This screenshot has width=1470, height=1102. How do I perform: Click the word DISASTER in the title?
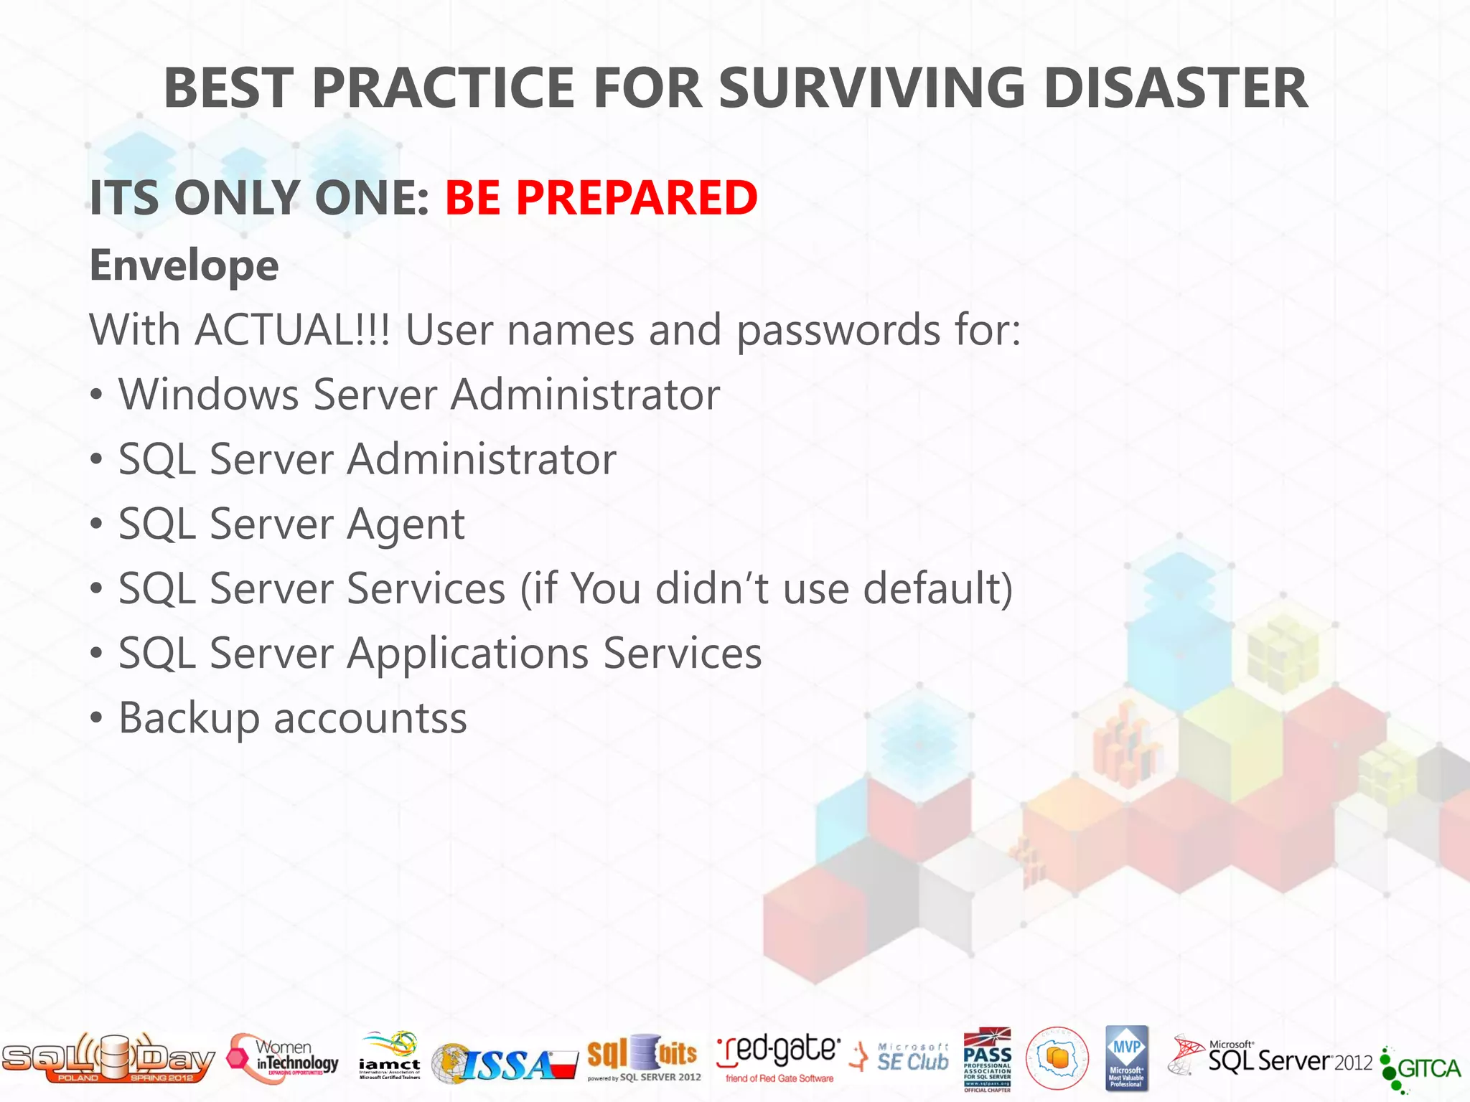(1175, 88)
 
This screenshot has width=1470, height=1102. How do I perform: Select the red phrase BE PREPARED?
(601, 197)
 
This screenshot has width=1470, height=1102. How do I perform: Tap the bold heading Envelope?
(184, 265)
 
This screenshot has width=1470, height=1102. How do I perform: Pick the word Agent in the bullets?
(406, 524)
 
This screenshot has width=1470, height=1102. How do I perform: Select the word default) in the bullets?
(937, 589)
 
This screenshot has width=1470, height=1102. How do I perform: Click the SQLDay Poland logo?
(108, 1058)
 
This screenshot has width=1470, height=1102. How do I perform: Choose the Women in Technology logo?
(284, 1058)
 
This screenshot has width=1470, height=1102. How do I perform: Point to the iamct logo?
(390, 1057)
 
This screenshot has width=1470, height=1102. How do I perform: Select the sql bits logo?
(642, 1057)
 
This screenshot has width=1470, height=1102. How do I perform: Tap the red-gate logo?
(778, 1057)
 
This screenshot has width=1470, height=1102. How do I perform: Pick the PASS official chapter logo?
(987, 1059)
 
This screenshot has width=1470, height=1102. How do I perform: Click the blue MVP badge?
(1126, 1058)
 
